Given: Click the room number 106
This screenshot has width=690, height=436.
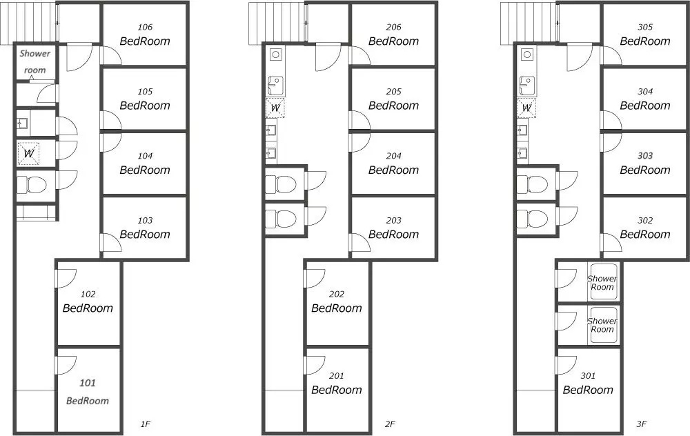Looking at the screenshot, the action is pos(145,28).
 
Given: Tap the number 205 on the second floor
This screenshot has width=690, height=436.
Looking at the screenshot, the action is pos(393,92).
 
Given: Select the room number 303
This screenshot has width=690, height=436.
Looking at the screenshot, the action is pos(645,156).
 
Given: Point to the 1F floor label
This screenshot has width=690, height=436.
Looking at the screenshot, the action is pos(145,424).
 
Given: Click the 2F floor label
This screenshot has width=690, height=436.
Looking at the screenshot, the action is pos(390,424).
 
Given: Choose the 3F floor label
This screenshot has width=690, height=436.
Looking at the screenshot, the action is pos(641,424).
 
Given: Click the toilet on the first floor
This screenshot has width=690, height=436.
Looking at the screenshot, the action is pos(32,185).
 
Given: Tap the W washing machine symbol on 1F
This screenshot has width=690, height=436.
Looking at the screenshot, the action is pos(28,153).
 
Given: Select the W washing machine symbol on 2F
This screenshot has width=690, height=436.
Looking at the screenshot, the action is pos(275,108).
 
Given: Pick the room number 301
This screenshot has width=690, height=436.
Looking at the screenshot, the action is pos(588,376).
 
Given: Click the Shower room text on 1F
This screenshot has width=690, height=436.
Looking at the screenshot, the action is pos(34,61).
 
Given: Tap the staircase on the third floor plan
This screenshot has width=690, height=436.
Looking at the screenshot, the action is pos(528,23).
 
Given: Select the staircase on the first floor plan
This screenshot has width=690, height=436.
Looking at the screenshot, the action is pos(28,23).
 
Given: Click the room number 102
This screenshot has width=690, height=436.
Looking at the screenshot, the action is pos(88,294).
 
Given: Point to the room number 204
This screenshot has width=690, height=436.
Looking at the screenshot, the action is pos(393,156).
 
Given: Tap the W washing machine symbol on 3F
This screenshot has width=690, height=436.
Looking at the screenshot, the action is pos(526,108).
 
